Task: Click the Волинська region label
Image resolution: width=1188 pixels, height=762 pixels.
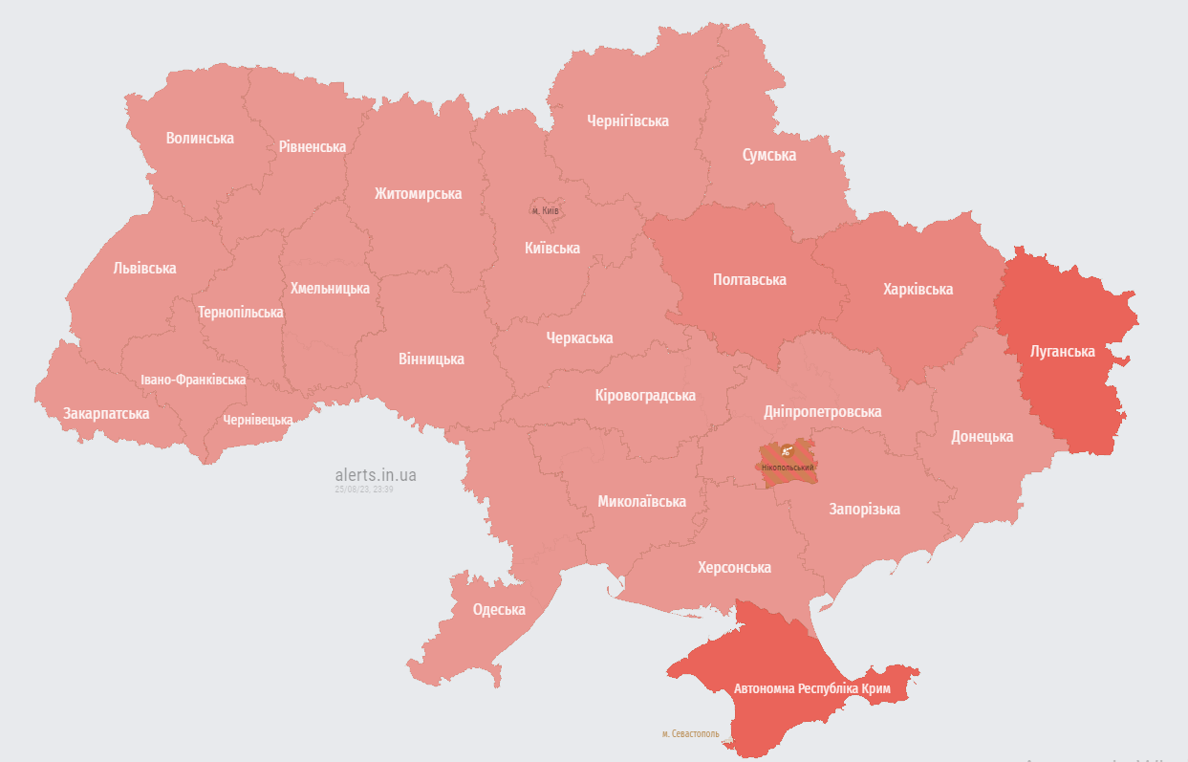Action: click(200, 139)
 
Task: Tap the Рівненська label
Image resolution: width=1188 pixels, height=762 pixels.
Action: click(313, 147)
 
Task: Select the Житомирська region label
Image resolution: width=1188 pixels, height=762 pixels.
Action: click(418, 194)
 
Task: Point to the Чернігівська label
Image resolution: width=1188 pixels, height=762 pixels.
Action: click(628, 121)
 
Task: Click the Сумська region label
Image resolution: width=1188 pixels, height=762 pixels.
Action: click(769, 155)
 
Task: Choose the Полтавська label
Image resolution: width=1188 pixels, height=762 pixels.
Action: click(749, 280)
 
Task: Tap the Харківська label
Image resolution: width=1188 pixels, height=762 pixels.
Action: click(918, 290)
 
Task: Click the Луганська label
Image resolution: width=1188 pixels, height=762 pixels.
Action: click(1062, 352)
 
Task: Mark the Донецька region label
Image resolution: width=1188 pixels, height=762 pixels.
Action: click(982, 437)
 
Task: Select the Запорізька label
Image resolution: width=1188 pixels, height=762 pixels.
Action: click(864, 510)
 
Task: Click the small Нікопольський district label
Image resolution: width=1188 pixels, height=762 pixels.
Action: click(788, 468)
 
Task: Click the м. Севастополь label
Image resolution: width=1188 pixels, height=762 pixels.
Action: click(691, 734)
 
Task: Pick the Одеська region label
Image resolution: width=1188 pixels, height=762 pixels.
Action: click(499, 610)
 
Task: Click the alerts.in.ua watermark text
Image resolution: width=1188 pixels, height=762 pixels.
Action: click(376, 474)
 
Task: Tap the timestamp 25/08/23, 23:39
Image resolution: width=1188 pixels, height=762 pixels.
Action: click(363, 490)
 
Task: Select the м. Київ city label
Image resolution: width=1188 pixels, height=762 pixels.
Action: click(545, 210)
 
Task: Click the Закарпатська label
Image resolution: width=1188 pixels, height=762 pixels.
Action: click(106, 414)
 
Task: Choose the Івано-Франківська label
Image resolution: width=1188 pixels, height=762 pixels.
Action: click(193, 380)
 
